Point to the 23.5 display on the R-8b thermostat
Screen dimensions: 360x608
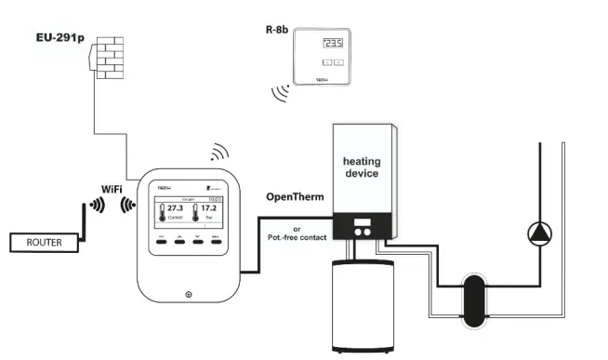[332, 44]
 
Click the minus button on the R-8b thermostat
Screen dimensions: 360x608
[326, 62]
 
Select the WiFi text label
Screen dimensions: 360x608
[114, 189]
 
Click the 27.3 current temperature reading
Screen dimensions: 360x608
[175, 209]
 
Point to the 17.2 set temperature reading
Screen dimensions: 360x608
[210, 209]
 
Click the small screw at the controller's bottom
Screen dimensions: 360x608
[189, 295]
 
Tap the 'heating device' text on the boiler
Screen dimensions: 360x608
[362, 167]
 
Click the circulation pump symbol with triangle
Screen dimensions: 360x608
[539, 233]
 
